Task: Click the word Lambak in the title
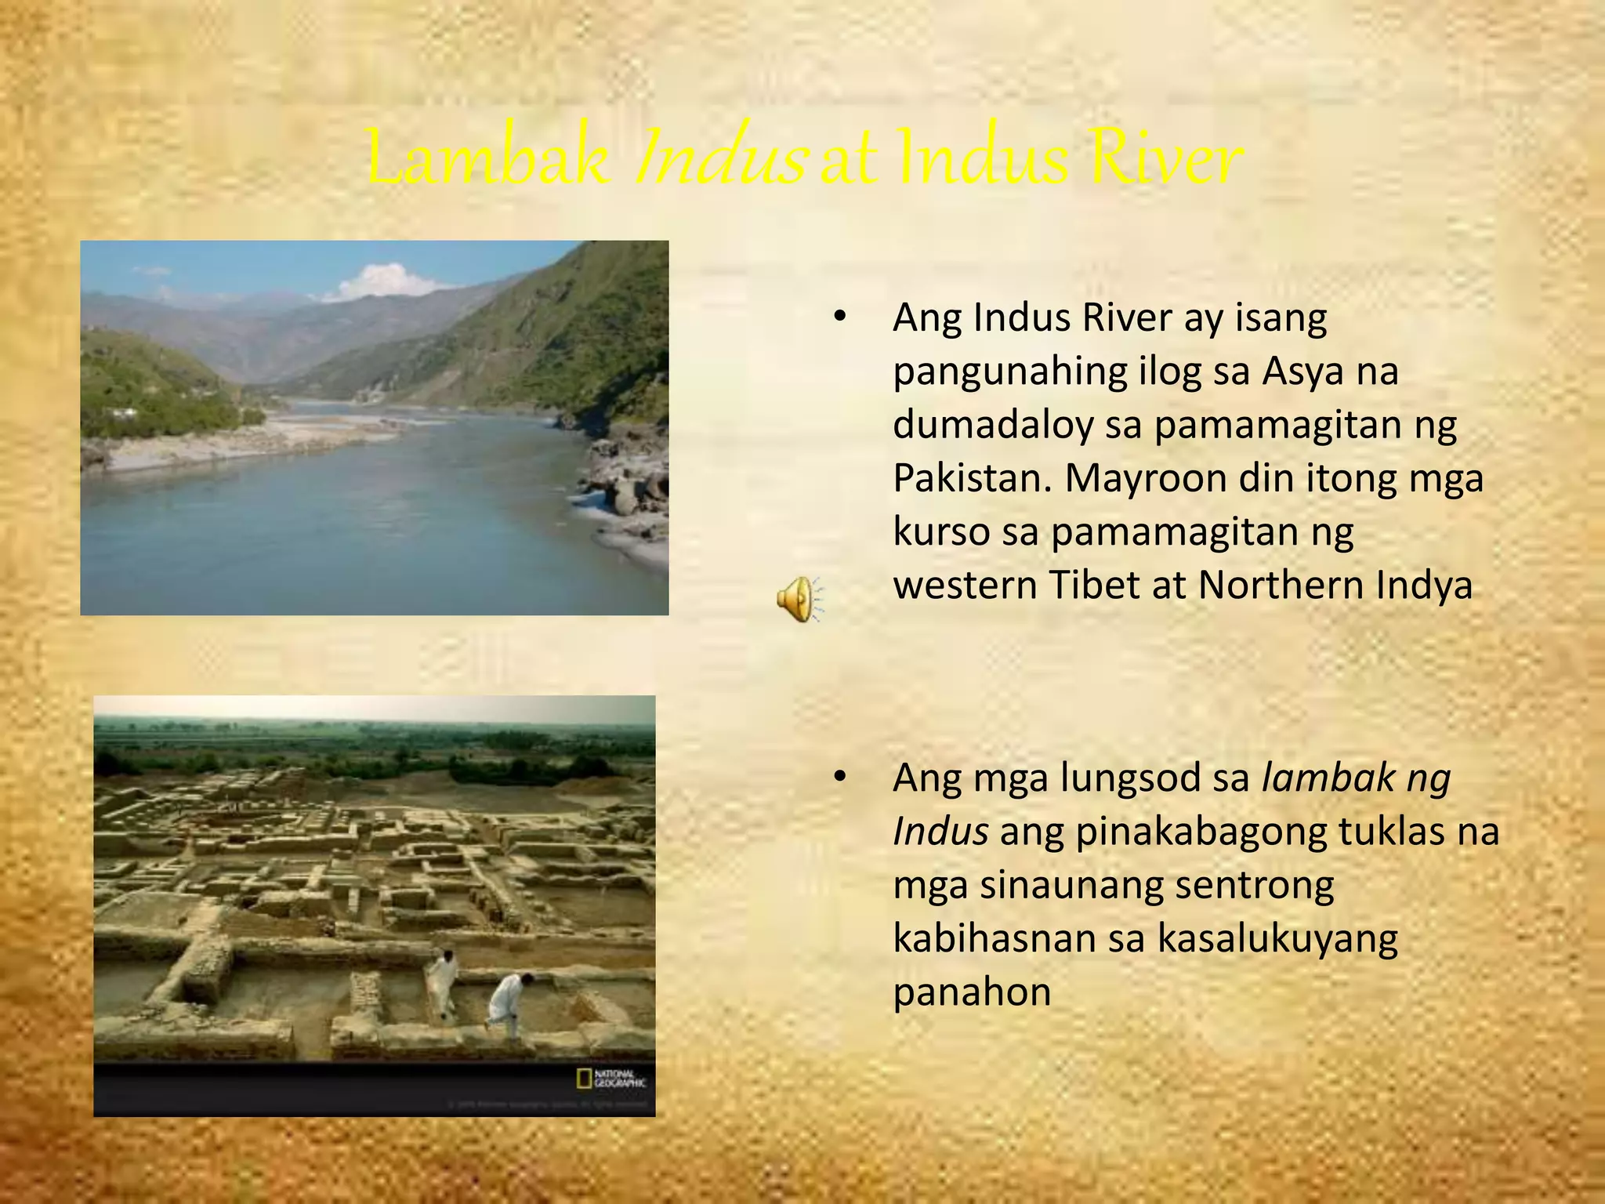(487, 159)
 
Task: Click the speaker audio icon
(798, 600)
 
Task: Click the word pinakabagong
(1201, 832)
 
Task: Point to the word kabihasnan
(994, 939)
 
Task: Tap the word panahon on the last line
(972, 992)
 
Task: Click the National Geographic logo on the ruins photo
(611, 1079)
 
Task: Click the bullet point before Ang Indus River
(840, 317)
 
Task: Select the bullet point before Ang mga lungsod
(840, 778)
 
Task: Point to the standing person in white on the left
(442, 982)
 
